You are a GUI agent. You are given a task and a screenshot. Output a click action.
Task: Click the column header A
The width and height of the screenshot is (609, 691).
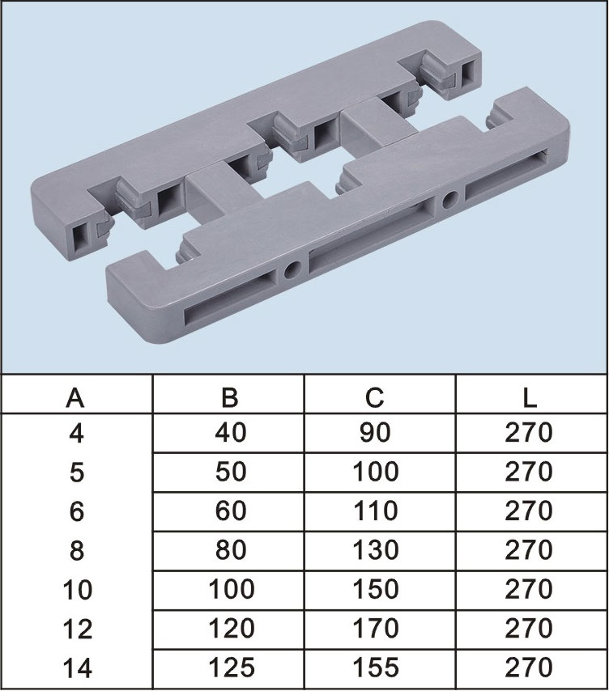(75, 397)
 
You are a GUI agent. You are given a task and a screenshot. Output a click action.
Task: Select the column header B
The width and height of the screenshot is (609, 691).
(230, 397)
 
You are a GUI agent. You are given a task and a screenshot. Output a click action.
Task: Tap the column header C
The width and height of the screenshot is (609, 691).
(375, 397)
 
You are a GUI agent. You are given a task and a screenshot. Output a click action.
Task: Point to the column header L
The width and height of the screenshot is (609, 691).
(529, 397)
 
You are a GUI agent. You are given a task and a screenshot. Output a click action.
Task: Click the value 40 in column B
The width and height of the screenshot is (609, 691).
(231, 433)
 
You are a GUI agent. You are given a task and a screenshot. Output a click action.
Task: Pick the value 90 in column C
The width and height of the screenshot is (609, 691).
(375, 433)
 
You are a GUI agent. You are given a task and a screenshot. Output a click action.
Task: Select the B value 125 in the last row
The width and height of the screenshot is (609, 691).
(232, 668)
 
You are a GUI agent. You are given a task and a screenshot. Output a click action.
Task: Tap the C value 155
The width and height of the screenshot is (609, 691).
(376, 668)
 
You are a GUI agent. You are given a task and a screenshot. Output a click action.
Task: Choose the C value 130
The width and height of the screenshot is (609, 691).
(376, 550)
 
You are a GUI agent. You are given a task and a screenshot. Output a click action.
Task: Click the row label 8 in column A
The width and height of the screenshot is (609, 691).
(77, 551)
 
